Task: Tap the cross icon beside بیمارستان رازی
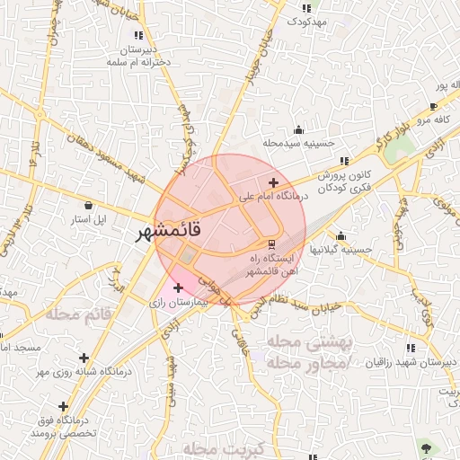178,288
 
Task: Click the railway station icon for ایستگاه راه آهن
271,243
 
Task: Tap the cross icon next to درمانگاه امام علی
261,183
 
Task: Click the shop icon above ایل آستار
89,205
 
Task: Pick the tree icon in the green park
426,447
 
